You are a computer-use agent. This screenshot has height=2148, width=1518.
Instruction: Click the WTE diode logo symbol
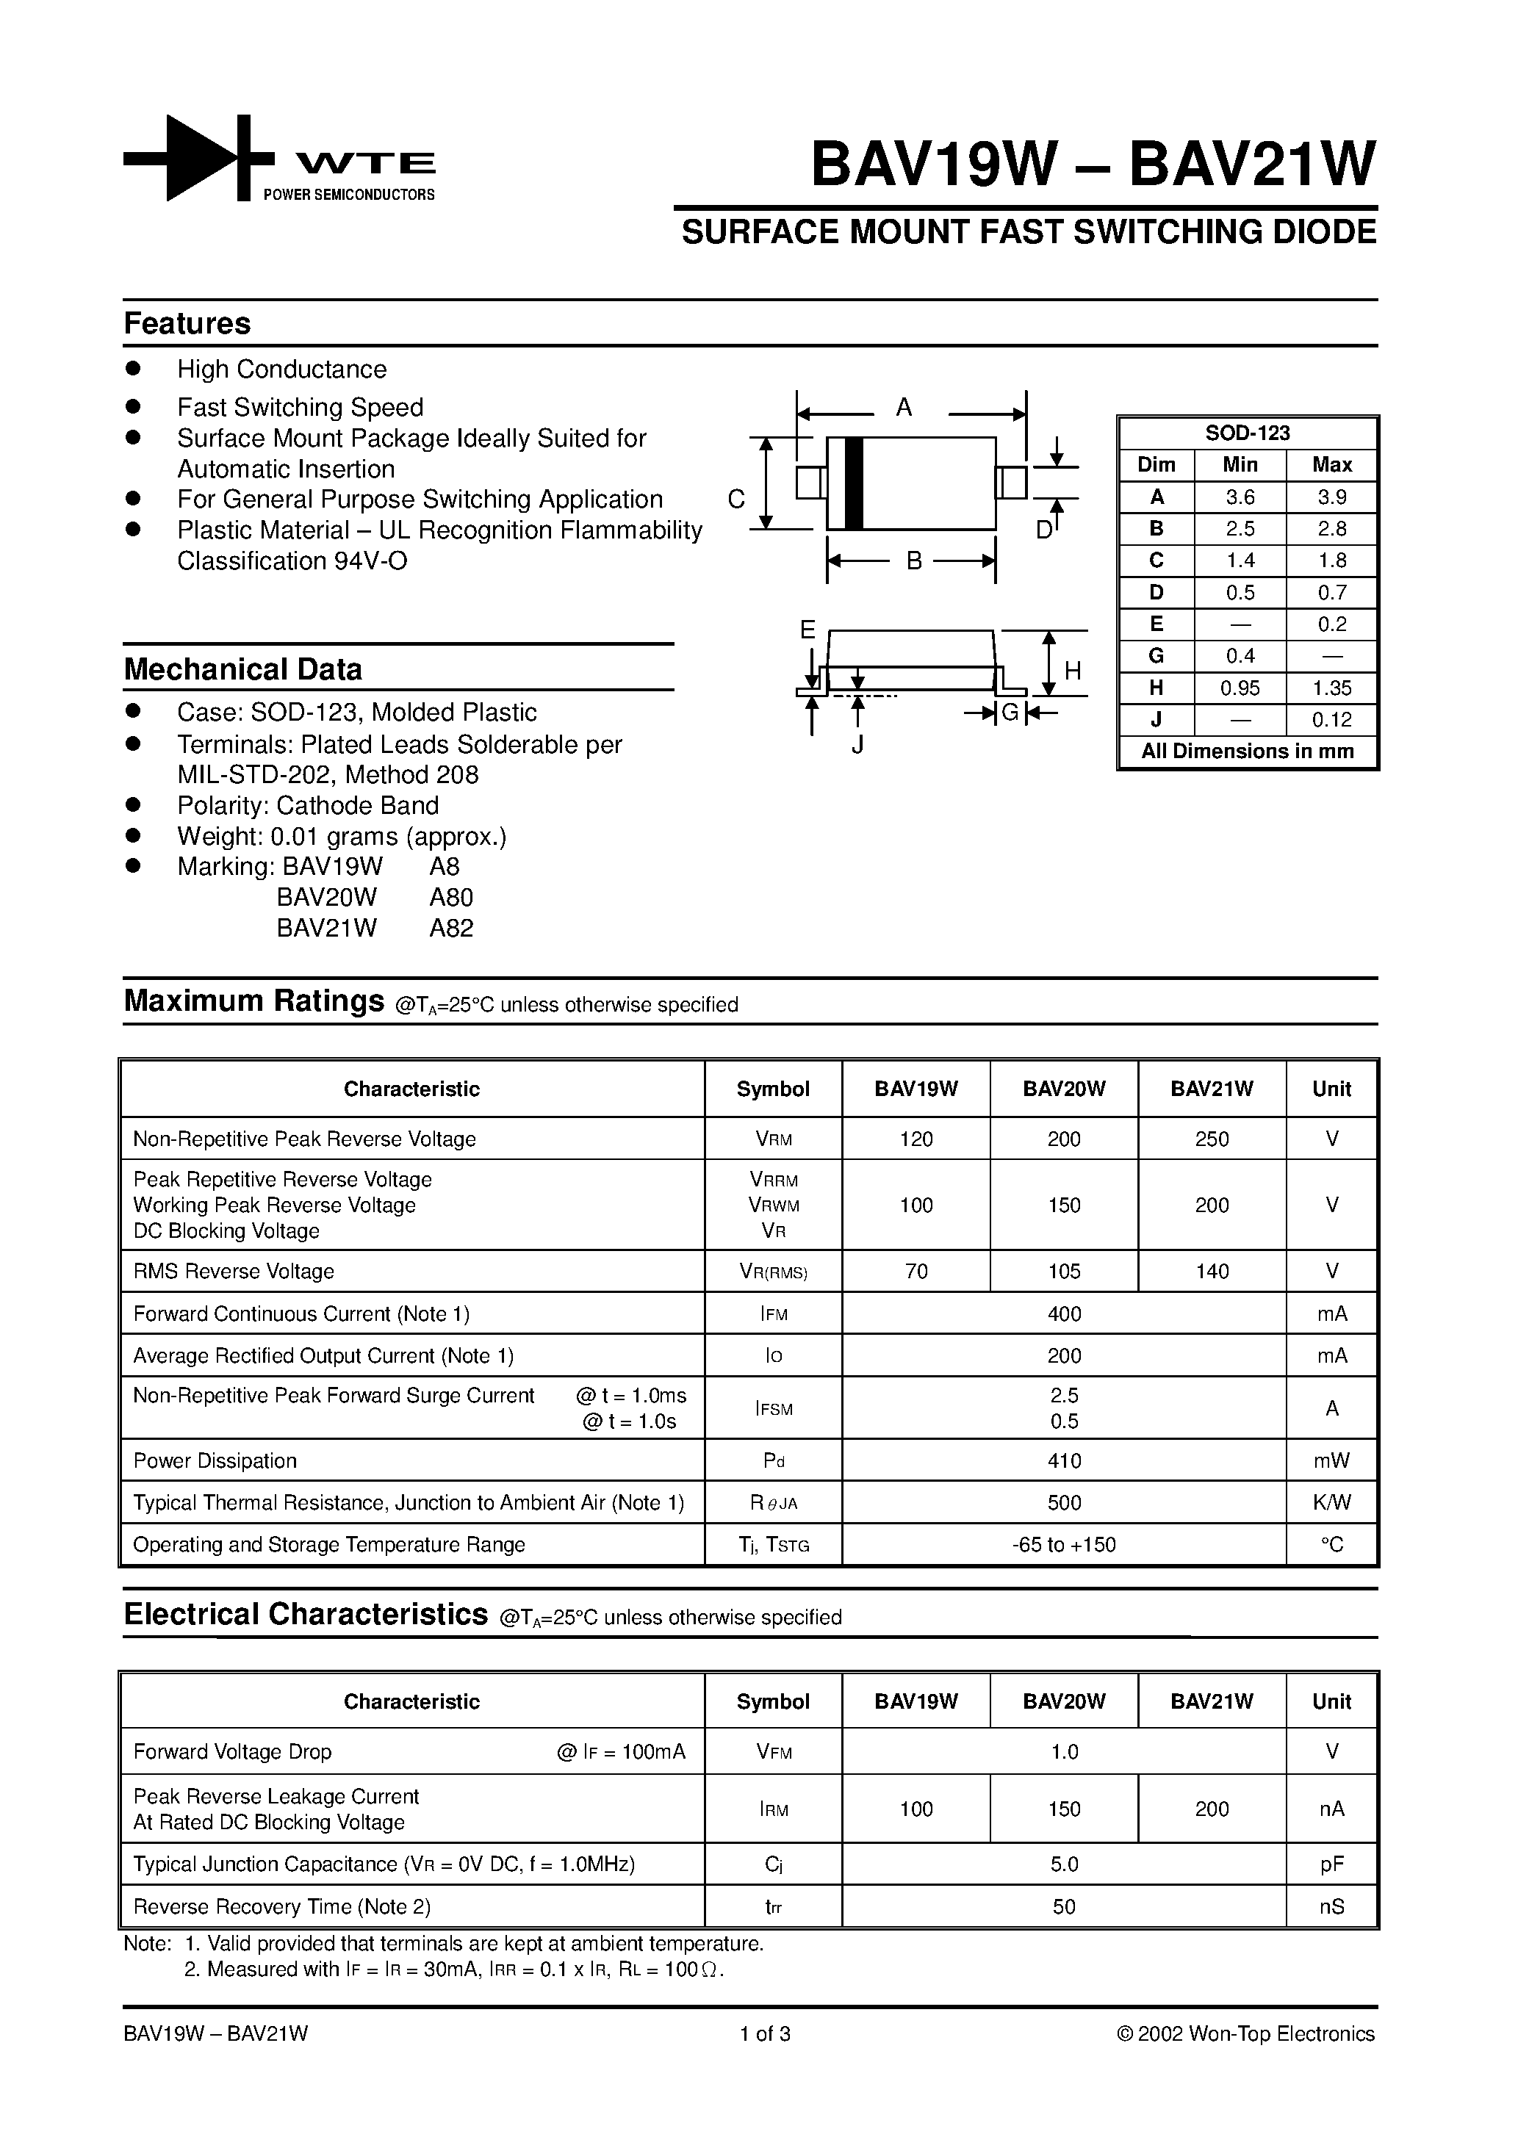[x=198, y=158]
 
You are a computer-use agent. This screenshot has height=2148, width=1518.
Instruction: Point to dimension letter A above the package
[x=903, y=408]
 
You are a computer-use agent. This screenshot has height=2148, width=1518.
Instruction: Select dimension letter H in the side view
[x=1073, y=671]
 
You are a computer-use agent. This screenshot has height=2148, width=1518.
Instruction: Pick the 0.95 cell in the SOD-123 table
[x=1240, y=688]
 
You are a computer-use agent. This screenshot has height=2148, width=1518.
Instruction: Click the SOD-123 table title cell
[x=1247, y=433]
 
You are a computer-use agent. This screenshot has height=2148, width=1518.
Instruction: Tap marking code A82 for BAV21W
[x=451, y=928]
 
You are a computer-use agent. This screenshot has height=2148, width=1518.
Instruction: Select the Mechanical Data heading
[x=242, y=670]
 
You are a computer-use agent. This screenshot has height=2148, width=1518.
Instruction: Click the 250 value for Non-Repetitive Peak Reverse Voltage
[x=1211, y=1139]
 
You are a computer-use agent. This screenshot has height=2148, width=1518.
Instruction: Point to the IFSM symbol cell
[x=773, y=1408]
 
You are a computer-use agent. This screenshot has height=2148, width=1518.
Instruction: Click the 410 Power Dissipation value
[x=1064, y=1461]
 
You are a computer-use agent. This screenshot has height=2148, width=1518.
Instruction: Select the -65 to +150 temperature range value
[x=1064, y=1545]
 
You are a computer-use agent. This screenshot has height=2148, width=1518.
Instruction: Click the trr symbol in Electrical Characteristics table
[x=773, y=1906]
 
